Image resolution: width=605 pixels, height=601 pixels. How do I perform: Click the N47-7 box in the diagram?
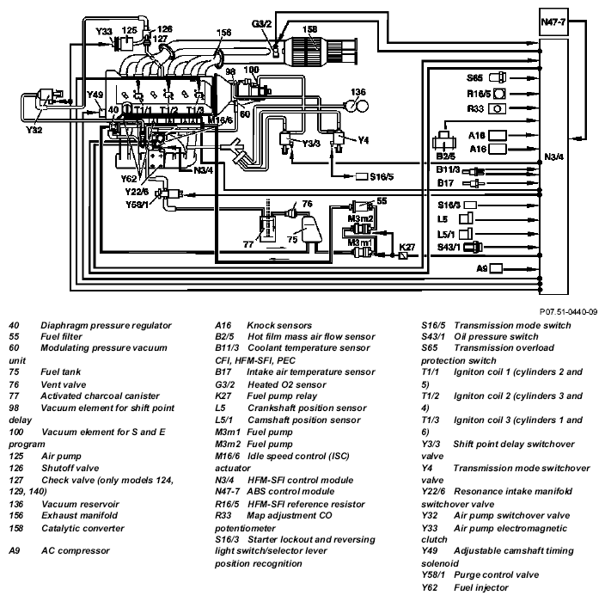coord(553,22)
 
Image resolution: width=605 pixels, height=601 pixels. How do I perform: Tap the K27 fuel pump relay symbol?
coord(403,255)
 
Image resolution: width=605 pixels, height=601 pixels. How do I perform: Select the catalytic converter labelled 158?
coord(306,49)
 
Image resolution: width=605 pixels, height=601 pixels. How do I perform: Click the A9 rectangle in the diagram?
coord(496,268)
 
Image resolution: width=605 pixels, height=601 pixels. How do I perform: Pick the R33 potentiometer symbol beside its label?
coord(497,108)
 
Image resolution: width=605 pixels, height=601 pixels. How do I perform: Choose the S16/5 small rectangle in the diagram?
coord(362,176)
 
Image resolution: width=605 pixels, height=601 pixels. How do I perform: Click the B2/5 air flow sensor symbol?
coord(444,141)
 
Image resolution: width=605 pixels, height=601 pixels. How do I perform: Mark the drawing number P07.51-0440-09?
coord(568,312)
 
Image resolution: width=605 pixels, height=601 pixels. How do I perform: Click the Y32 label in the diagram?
coord(34,130)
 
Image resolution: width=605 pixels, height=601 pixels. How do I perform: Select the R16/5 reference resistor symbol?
coord(499,94)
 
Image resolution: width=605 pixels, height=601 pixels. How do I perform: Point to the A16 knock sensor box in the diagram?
coord(498,149)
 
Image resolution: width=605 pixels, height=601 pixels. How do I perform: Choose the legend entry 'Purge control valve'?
coord(496,574)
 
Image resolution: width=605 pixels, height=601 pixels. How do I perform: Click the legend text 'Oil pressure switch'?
coord(496,336)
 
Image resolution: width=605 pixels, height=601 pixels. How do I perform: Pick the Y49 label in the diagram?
coord(95,95)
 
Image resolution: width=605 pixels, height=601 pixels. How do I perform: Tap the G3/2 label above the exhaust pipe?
coord(261,24)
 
